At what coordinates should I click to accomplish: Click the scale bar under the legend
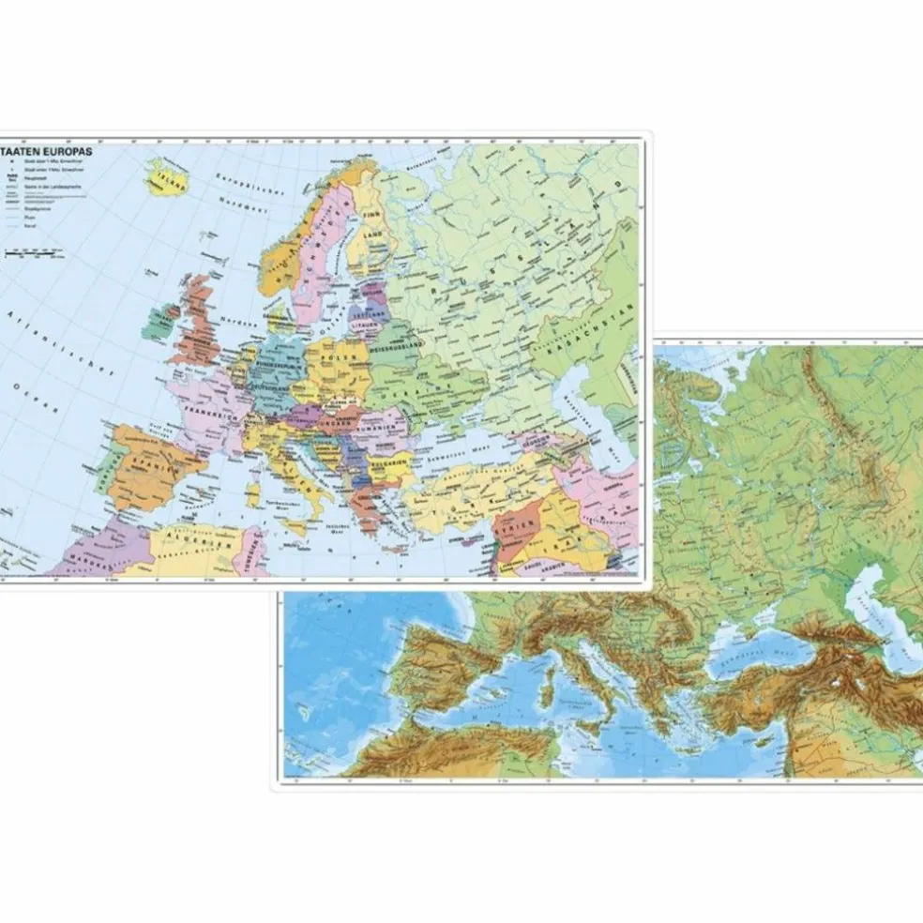tap(34, 252)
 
